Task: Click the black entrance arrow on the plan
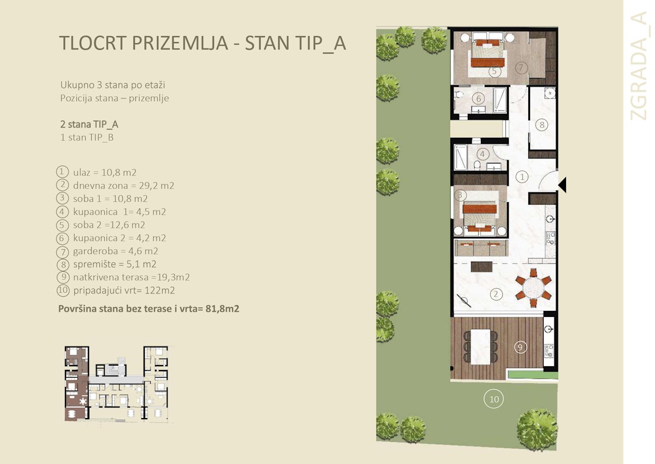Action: coord(562,185)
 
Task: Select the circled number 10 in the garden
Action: coord(493,400)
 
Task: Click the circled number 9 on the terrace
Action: coord(521,346)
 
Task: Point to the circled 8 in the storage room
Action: coord(541,125)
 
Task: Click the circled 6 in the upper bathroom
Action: coord(478,99)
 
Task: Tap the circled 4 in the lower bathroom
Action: coord(483,154)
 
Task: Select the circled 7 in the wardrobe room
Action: coord(521,68)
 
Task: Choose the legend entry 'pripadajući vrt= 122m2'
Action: coord(123,290)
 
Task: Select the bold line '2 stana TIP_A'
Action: coord(89,124)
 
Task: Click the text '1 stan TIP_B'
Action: coord(87,138)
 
